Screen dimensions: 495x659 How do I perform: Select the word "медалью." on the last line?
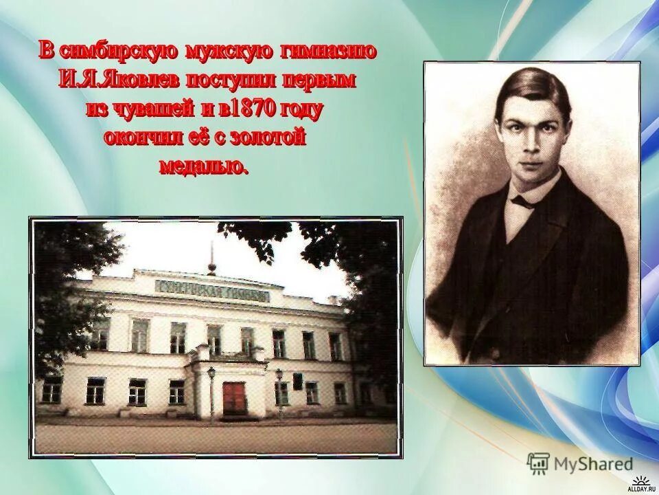pos(204,167)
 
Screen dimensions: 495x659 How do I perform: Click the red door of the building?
pos(234,398)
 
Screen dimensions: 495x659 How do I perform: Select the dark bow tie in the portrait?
pos(527,202)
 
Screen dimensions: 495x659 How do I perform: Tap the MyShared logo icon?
pos(537,464)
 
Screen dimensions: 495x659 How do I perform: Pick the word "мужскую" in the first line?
pos(230,51)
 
